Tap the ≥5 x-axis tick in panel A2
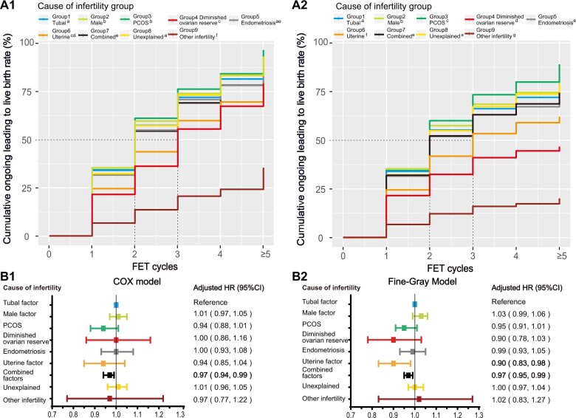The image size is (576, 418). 559,256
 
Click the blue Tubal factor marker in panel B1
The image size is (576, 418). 116,304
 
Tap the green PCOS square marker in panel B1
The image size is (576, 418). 103,327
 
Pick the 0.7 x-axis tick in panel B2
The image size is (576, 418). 350,414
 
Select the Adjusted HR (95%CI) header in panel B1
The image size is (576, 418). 224,288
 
